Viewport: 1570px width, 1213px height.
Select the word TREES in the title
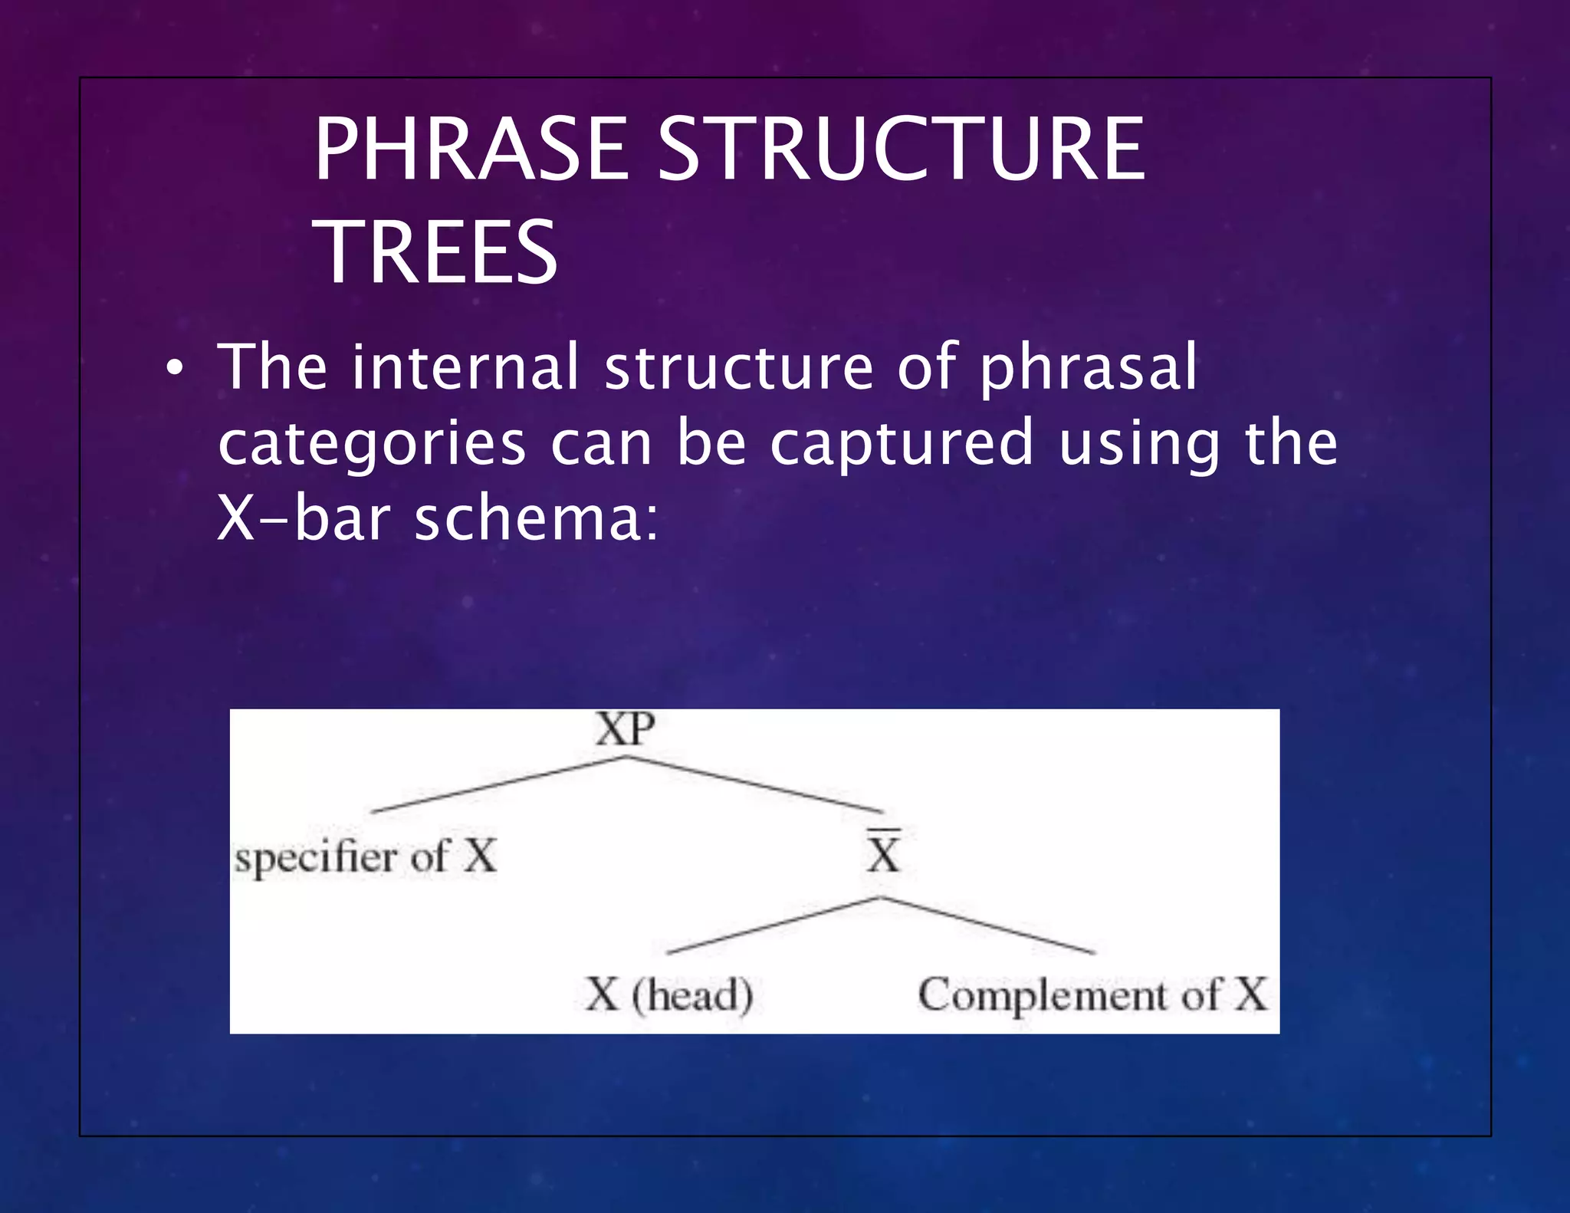[x=435, y=252]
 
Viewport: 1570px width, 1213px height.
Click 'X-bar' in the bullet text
[x=304, y=519]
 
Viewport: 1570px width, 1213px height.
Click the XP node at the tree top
[x=626, y=729]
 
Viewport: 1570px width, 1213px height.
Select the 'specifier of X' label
[x=366, y=856]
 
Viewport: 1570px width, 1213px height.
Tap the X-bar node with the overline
[x=883, y=853]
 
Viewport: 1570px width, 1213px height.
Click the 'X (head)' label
[x=669, y=995]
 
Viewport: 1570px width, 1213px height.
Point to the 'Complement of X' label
[x=1092, y=995]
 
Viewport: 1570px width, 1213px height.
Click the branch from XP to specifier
[x=498, y=784]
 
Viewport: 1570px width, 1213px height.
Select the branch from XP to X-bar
[x=755, y=784]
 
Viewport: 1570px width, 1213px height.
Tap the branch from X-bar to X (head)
[x=774, y=925]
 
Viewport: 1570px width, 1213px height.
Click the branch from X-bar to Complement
[x=989, y=925]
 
